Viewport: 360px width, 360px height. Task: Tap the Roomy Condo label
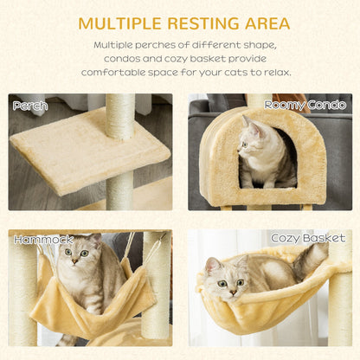pyautogui.click(x=299, y=105)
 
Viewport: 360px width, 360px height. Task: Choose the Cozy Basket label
pyautogui.click(x=308, y=238)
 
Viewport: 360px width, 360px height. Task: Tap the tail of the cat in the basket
pyautogui.click(x=316, y=258)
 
